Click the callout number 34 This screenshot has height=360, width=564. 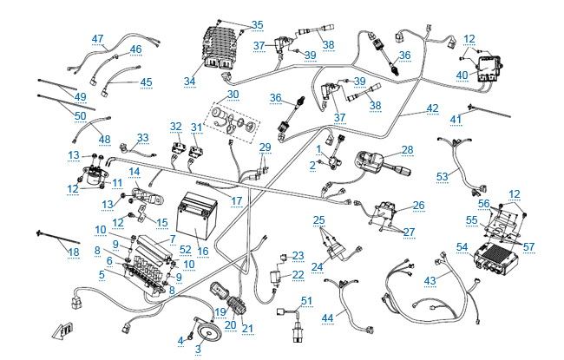coord(190,82)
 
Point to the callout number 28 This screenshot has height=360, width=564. coord(407,149)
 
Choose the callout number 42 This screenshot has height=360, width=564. coord(432,110)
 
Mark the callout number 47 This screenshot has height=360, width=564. coord(97,38)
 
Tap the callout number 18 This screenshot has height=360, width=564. coord(49,252)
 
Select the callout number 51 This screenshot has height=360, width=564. coord(305,300)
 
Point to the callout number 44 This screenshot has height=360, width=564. coord(328,318)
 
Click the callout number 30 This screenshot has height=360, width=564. coord(233,94)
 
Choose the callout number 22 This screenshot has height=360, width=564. coord(298,274)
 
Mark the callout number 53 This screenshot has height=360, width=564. coord(442,176)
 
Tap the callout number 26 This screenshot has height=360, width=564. coord(418,206)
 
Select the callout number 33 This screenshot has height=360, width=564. coord(142,138)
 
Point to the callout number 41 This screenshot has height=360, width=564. coord(456,119)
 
